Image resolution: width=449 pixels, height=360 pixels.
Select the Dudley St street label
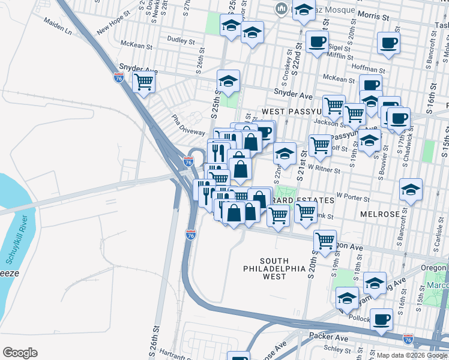(181, 41)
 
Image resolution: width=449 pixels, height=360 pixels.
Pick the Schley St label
(337, 348)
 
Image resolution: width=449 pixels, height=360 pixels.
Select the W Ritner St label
(325, 170)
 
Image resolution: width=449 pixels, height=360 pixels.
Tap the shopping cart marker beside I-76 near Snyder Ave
(143, 81)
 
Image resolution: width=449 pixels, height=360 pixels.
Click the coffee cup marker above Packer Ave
(381, 319)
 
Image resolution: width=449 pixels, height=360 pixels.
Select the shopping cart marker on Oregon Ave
(325, 241)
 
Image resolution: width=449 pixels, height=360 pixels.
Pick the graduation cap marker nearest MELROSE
(411, 189)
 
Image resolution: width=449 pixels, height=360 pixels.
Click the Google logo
(20, 353)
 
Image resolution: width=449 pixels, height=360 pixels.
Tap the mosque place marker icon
(280, 8)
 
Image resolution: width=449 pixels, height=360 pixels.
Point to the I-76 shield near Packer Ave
(408, 338)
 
